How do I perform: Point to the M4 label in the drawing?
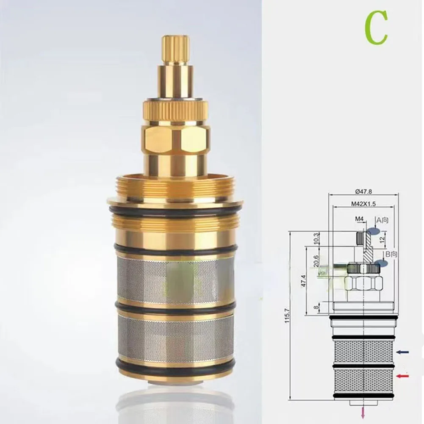point(359,219)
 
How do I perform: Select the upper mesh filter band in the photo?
point(175,279)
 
